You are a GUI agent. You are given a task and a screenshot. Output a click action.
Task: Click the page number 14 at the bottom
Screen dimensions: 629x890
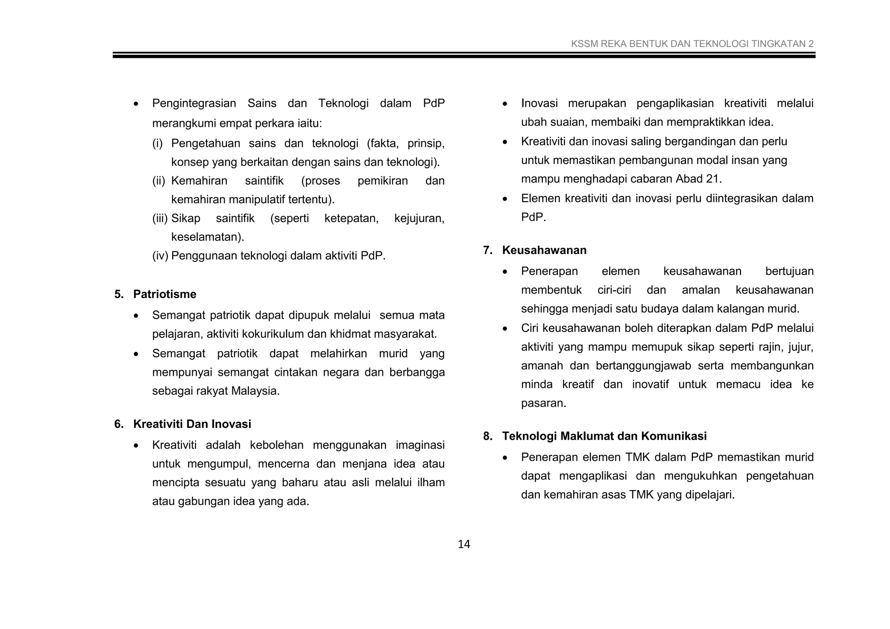[464, 544]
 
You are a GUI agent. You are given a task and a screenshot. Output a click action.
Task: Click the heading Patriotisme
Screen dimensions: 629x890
[165, 295]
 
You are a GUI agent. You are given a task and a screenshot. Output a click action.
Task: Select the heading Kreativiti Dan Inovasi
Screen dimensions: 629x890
[192, 424]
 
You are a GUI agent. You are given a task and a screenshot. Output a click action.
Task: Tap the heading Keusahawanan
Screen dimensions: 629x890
[544, 250]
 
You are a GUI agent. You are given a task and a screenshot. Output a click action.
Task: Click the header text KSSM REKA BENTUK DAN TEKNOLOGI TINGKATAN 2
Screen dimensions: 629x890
[692, 44]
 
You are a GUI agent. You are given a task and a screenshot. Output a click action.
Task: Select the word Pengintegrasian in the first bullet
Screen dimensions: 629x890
[194, 104]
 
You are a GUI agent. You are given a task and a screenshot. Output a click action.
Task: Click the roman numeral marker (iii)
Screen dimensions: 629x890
[159, 218]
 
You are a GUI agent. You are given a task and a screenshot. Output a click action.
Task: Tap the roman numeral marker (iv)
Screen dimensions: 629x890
[159, 256]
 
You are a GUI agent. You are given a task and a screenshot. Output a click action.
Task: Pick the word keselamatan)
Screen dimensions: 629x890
[207, 237]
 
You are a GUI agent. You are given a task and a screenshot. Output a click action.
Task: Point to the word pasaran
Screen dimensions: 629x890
[543, 404]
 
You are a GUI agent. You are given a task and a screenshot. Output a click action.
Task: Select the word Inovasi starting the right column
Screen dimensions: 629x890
[539, 104]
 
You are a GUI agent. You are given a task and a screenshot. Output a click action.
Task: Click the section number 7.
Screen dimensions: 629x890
[487, 250]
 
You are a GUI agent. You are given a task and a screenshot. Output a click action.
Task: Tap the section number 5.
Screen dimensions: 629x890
[118, 295]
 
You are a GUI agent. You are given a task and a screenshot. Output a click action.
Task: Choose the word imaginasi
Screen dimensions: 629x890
[420, 445]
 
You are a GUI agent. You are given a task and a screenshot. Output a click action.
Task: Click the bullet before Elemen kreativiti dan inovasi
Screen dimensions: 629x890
[505, 199]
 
